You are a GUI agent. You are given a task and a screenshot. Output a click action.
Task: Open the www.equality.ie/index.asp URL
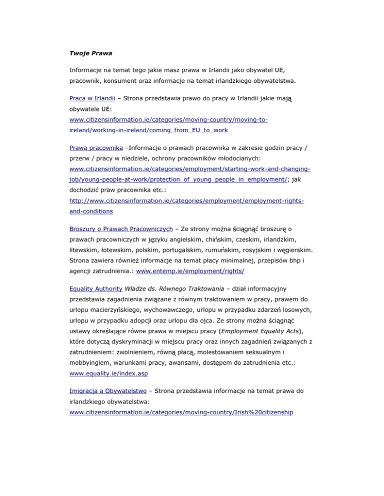pos(107,373)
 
